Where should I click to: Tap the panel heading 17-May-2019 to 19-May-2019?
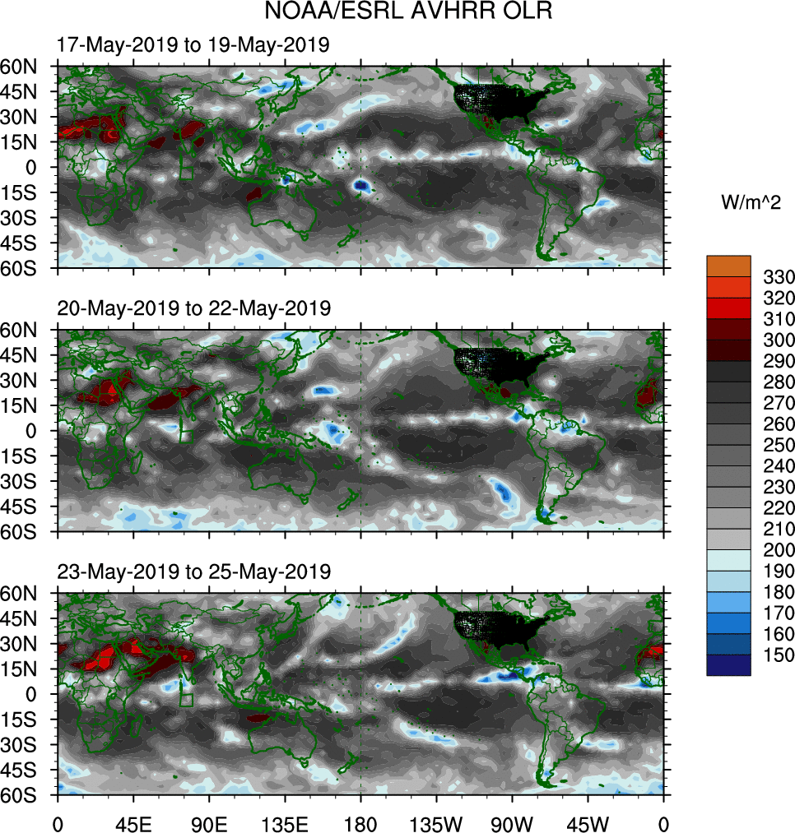pos(193,45)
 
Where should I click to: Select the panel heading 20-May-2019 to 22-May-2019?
pos(193,308)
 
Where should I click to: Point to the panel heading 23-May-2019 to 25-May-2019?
pos(193,571)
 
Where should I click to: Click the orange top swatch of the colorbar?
pos(728,266)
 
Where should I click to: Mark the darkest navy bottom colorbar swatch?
pos(728,665)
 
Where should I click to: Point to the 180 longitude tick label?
pos(360,822)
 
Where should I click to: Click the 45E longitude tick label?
pos(133,822)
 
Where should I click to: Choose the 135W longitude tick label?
pos(436,822)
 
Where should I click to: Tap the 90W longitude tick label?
pos(512,822)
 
